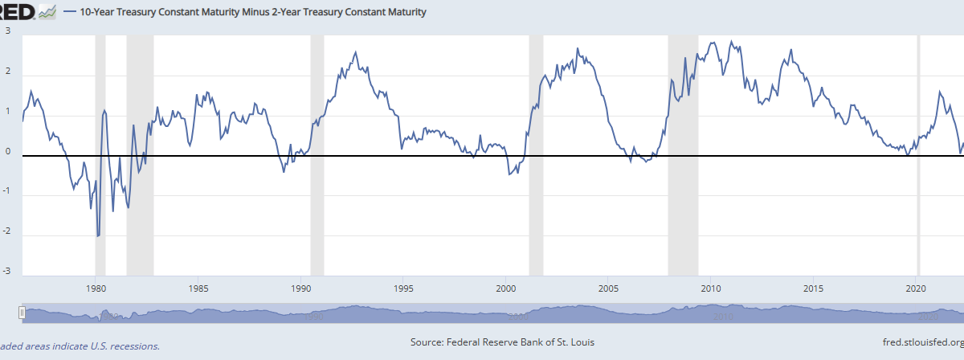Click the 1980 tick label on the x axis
(x=96, y=288)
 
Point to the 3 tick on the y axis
(x=7, y=31)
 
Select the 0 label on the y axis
(x=7, y=151)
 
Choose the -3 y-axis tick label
(x=6, y=272)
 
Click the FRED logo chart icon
(x=47, y=12)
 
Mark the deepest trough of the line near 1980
(x=98, y=236)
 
